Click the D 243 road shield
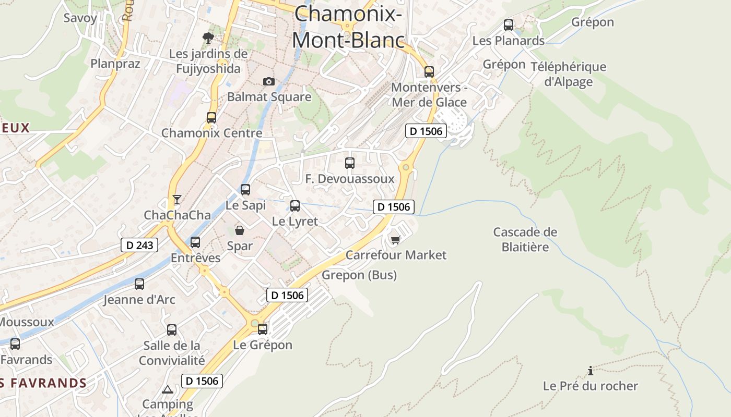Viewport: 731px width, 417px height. (x=139, y=244)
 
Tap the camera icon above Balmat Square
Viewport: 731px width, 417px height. (x=269, y=81)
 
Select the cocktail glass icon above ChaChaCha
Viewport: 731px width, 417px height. (x=176, y=200)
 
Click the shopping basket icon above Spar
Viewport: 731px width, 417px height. (x=240, y=230)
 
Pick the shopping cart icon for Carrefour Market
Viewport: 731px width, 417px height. (x=395, y=239)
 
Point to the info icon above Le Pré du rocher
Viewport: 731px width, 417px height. (x=591, y=371)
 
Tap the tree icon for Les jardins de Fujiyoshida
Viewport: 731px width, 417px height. (x=208, y=38)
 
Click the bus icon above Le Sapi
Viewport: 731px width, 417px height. (x=245, y=190)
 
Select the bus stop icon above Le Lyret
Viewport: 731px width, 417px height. (x=295, y=206)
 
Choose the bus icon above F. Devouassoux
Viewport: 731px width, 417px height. (x=350, y=163)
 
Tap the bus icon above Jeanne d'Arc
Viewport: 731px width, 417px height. (x=139, y=284)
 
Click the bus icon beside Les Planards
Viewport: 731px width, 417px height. (x=508, y=24)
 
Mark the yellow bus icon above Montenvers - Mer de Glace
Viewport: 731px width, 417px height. (x=429, y=72)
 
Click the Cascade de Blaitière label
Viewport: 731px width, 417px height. (x=525, y=239)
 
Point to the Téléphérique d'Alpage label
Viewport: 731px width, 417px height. (x=568, y=74)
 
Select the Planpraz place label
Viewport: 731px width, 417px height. (x=115, y=64)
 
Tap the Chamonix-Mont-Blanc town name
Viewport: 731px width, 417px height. (x=348, y=26)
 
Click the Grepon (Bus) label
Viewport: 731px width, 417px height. (x=359, y=275)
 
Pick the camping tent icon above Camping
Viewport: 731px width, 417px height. (x=167, y=389)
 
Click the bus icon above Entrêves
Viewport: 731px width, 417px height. (x=195, y=242)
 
